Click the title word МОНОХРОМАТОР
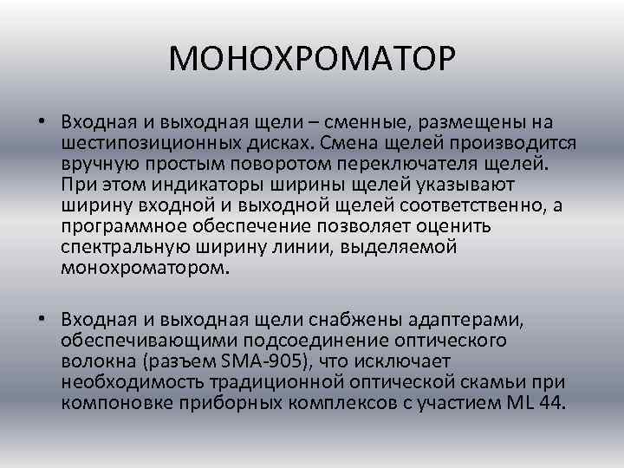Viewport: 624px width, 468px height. click(312, 60)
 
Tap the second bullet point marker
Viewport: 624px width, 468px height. click(42, 320)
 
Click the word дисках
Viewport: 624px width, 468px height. click(280, 141)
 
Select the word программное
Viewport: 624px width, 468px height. click(117, 225)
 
